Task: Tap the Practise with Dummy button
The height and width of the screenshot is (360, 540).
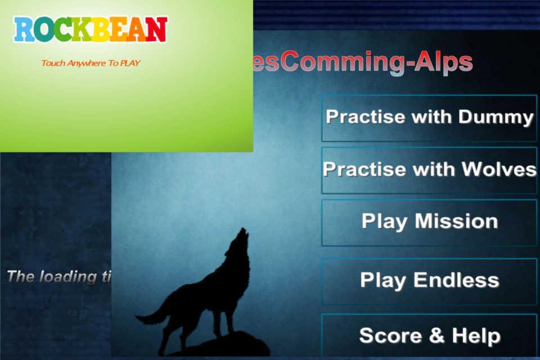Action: [x=429, y=118]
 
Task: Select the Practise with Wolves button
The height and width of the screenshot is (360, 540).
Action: [x=429, y=170]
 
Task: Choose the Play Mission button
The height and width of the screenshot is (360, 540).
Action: [x=429, y=222]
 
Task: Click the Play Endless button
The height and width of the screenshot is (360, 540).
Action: [x=429, y=280]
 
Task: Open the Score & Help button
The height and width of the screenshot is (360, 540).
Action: [x=429, y=336]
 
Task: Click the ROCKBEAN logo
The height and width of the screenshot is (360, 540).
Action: [x=91, y=30]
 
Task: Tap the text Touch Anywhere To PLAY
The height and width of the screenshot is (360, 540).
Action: [x=91, y=63]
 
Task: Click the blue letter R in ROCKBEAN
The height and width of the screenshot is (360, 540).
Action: [x=23, y=30]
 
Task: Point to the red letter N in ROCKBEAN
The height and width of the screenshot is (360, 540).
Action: [x=157, y=30]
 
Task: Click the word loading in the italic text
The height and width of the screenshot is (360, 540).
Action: [x=67, y=277]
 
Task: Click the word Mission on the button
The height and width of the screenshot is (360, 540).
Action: [x=456, y=222]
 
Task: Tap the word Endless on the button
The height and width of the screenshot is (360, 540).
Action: [x=456, y=280]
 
